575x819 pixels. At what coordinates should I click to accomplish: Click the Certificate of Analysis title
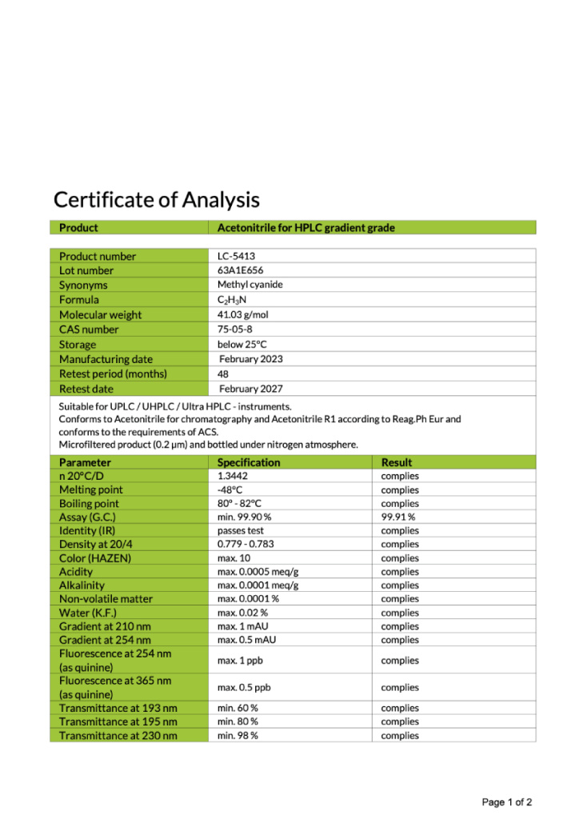coord(157,199)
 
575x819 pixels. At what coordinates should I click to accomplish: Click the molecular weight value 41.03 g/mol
coord(243,314)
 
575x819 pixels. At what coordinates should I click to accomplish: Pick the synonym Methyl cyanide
coord(250,285)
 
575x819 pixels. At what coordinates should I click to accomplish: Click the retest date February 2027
coord(251,389)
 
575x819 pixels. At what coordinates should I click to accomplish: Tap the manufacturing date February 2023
coord(251,359)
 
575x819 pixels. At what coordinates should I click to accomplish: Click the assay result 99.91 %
coord(398,517)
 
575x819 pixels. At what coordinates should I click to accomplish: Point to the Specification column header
coord(249,462)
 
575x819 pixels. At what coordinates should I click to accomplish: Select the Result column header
coord(397,462)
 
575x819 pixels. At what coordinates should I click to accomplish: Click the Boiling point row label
coord(89,503)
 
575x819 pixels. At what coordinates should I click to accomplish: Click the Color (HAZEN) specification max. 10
coord(234,557)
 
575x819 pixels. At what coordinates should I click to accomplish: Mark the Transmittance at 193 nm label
coord(118,708)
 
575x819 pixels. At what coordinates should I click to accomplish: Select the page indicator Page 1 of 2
coord(507,801)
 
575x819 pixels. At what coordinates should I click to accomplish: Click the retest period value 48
coord(223,374)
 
